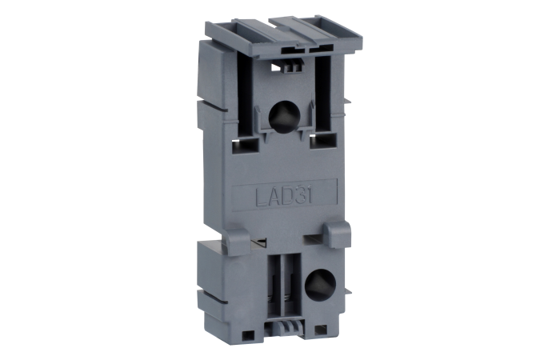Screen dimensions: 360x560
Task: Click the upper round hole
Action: pyautogui.click(x=282, y=116)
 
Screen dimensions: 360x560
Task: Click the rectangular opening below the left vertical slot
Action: pyautogui.click(x=242, y=145)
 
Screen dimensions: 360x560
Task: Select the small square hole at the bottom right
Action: pyautogui.click(x=322, y=328)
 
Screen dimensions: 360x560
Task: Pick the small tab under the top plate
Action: pyautogui.click(x=291, y=65)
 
